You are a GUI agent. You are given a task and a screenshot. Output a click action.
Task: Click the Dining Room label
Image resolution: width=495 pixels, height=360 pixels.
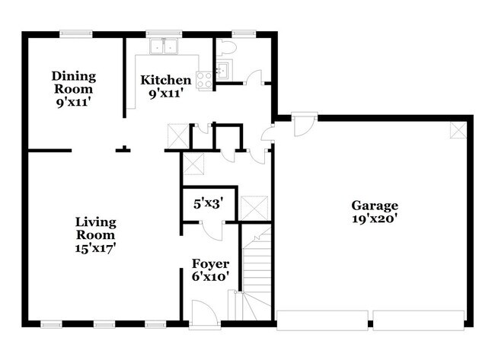[74, 82]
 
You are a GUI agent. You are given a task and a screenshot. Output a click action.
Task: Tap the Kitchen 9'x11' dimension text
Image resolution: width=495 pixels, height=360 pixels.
[166, 94]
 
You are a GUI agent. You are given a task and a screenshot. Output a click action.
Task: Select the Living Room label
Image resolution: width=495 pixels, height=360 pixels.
[95, 228]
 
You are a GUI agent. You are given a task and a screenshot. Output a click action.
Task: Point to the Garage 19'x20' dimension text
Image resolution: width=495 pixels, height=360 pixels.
[375, 219]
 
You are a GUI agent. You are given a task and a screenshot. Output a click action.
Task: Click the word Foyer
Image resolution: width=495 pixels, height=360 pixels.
[210, 264]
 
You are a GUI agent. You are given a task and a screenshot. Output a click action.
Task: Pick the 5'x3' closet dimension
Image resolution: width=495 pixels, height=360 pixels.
[209, 204]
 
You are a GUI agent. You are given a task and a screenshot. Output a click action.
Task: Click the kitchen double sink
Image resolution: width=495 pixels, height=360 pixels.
[164, 46]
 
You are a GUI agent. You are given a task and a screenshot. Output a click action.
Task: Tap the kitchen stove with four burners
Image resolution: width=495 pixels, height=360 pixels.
[204, 79]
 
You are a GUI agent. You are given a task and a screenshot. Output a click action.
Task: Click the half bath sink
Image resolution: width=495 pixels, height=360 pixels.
[225, 69]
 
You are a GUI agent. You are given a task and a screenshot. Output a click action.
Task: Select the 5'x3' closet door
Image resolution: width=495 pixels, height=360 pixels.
[212, 231]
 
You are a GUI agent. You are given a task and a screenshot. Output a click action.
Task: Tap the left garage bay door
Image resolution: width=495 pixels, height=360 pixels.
[322, 320]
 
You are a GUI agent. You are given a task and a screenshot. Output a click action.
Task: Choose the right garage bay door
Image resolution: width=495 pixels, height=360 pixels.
[419, 320]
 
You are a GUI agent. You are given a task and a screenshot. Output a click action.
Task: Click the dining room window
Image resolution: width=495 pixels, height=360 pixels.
[75, 33]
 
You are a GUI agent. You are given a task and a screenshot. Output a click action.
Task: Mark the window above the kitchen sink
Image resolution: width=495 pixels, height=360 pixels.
[164, 33]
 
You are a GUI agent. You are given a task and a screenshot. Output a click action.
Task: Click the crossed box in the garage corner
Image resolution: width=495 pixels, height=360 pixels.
[458, 130]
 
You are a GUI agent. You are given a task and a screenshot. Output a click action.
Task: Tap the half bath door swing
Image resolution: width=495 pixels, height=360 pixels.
[254, 78]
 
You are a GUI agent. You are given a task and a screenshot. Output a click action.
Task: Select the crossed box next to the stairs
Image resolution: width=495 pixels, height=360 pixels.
[254, 209]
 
